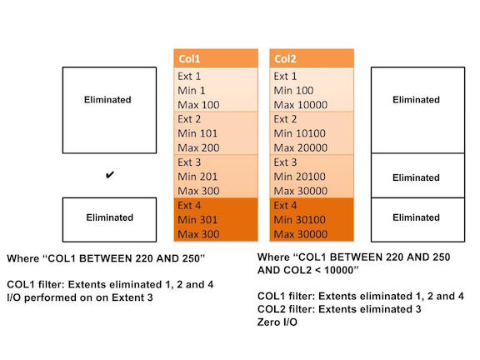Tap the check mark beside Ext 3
(x=110, y=175)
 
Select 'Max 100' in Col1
(x=198, y=105)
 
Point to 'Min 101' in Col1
(x=197, y=133)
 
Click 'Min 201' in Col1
(x=197, y=177)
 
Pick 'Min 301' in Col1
(x=197, y=220)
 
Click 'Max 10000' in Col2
(x=301, y=105)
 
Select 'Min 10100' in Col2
(x=299, y=133)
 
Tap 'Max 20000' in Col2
(x=301, y=147)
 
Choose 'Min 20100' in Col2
(x=299, y=177)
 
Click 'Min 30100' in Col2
(x=299, y=220)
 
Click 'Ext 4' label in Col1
(x=189, y=205)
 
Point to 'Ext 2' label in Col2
(x=285, y=119)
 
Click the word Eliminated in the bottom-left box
(x=110, y=217)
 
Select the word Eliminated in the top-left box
(x=107, y=99)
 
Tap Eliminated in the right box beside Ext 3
(x=416, y=177)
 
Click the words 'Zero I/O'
(x=277, y=322)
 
